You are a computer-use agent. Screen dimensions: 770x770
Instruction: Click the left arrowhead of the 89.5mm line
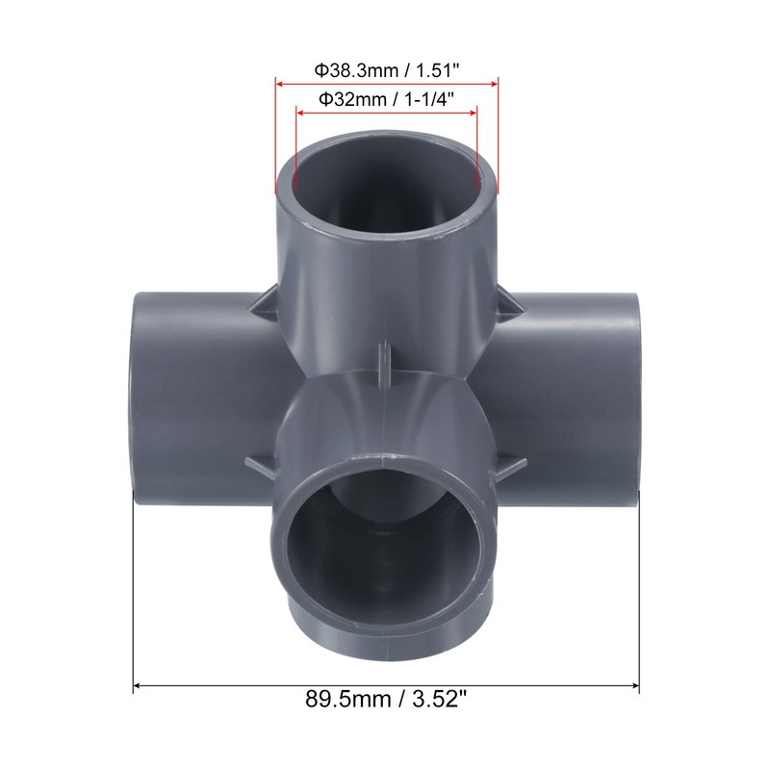click(x=138, y=686)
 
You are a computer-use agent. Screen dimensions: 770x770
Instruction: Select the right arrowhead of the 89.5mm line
click(x=634, y=686)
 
